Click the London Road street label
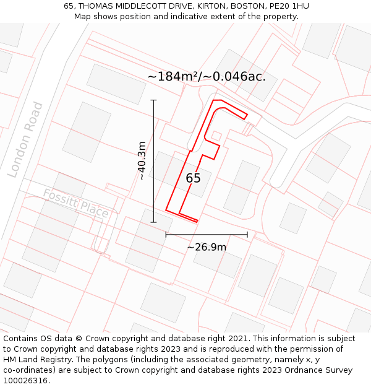click(x=25, y=140)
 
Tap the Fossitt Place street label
click(x=75, y=204)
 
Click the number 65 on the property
click(x=193, y=178)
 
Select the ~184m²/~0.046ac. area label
click(x=207, y=77)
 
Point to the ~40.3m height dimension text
click(x=142, y=161)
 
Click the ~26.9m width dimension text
click(x=207, y=248)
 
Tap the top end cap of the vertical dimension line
click(x=154, y=100)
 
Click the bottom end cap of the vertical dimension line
click(x=154, y=222)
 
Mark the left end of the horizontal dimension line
click(x=166, y=235)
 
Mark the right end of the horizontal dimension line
click(x=247, y=235)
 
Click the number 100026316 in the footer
click(x=25, y=381)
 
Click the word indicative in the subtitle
click(x=205, y=17)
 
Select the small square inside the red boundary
click(x=216, y=136)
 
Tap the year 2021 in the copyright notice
click(x=238, y=339)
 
